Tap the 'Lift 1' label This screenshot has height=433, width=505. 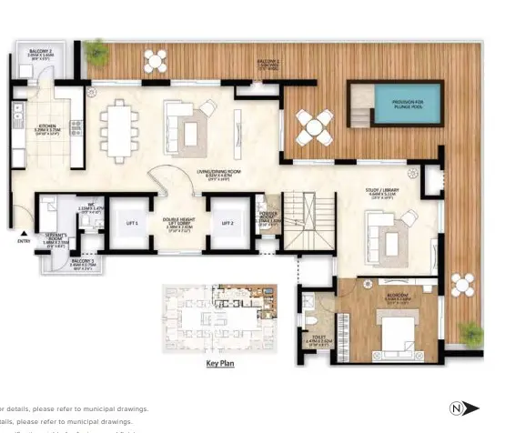(x=131, y=222)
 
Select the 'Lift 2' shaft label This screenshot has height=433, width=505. (x=227, y=222)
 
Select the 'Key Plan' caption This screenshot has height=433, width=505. (x=221, y=362)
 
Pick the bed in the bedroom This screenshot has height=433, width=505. (x=398, y=328)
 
